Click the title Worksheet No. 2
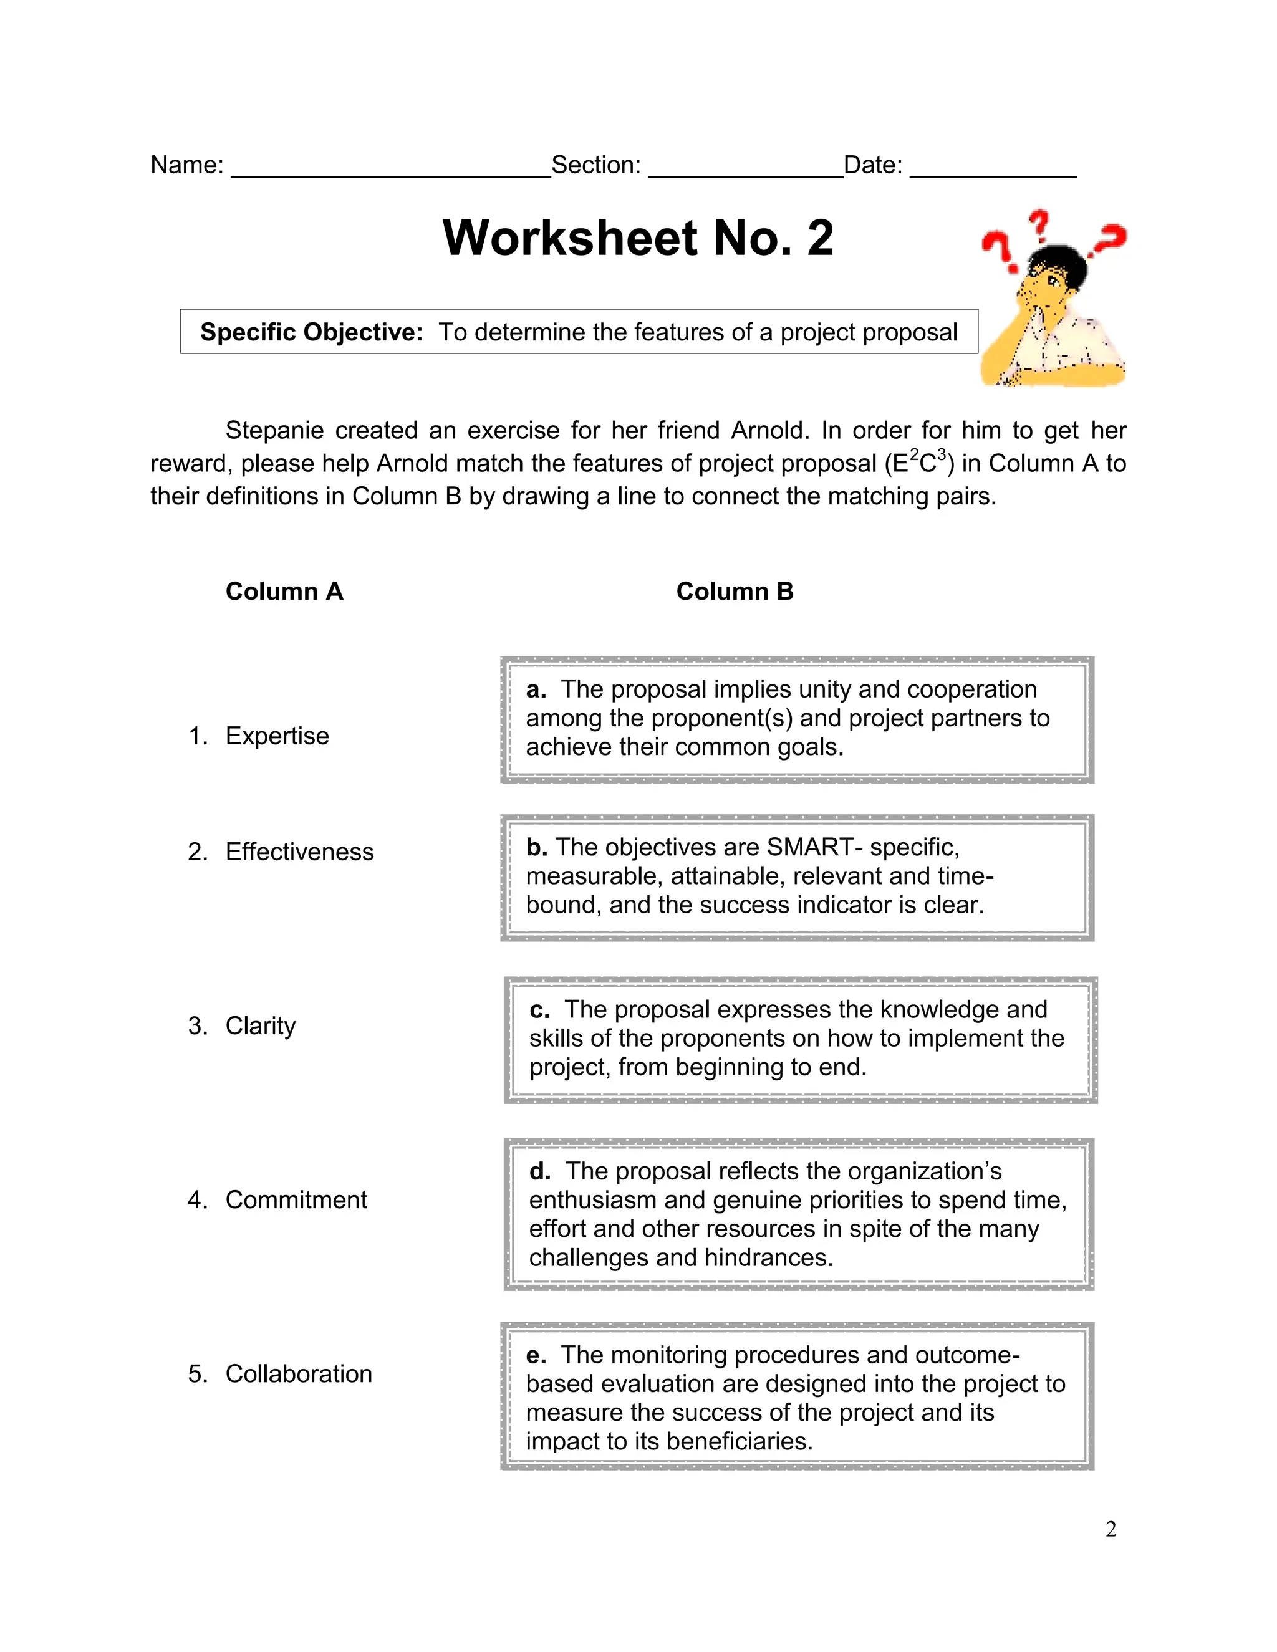(638, 238)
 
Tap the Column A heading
(284, 592)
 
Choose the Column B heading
(735, 592)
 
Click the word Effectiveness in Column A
(299, 852)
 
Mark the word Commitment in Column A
(296, 1199)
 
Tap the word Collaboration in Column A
(299, 1373)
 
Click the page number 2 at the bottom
(1111, 1529)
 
